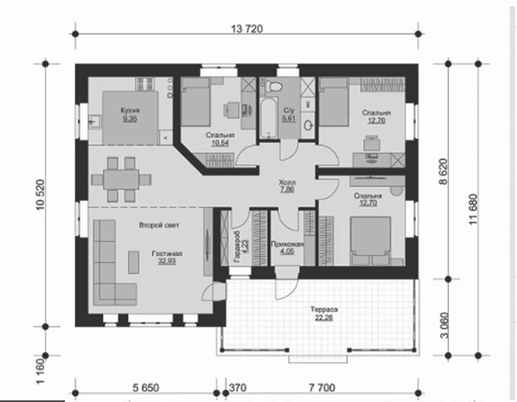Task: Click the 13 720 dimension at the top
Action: tap(247, 29)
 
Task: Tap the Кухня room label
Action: tap(130, 110)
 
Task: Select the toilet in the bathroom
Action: tap(274, 86)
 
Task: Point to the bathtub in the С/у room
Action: tap(268, 119)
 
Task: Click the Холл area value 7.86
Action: tap(287, 189)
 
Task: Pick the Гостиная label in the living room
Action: tap(167, 253)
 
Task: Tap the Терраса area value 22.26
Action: tap(324, 318)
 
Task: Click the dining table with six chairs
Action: tap(121, 180)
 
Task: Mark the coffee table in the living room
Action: tap(133, 262)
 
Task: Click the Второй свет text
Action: tap(159, 225)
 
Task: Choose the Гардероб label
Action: tap(237, 246)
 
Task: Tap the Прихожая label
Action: tap(287, 244)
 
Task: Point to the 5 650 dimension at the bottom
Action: tap(146, 388)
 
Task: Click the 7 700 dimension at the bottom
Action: tap(322, 388)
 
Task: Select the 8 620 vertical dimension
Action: tap(444, 172)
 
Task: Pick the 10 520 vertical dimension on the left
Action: tap(40, 195)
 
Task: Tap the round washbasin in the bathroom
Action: tap(309, 125)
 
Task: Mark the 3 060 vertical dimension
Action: tap(444, 325)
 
